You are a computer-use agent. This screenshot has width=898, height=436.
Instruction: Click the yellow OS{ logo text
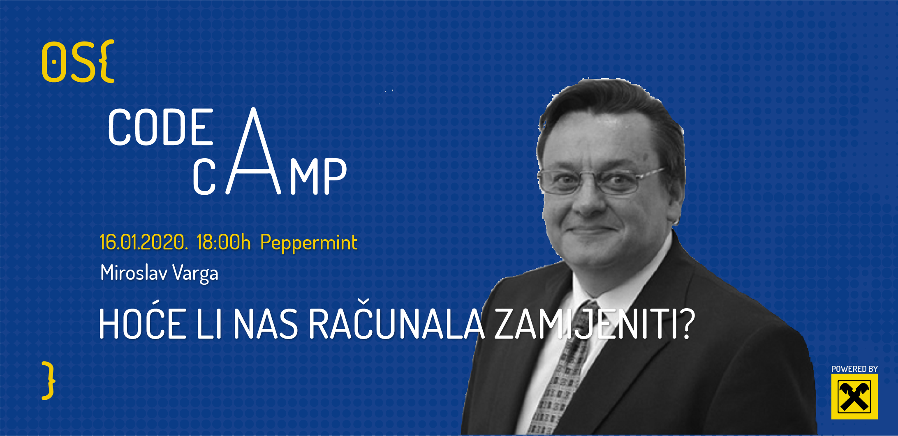coord(78,62)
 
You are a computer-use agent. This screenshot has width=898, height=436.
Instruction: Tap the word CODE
coord(161,127)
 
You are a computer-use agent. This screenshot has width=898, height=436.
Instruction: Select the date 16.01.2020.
coord(144,242)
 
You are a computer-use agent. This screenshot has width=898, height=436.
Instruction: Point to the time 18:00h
coord(224,242)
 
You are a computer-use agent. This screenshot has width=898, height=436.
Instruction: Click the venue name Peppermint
coord(309,243)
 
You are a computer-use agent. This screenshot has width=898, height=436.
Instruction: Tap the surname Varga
coord(195,274)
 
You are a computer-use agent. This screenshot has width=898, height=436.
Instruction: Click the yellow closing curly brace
coord(49,381)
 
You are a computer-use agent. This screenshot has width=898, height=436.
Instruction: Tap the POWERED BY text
coord(854,369)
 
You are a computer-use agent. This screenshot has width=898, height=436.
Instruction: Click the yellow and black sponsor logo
coord(854,397)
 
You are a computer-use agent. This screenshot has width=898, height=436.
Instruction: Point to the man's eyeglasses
coord(600,180)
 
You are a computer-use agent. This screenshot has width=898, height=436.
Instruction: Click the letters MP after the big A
coord(318,176)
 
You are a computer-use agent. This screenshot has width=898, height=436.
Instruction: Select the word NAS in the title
coord(266,324)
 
